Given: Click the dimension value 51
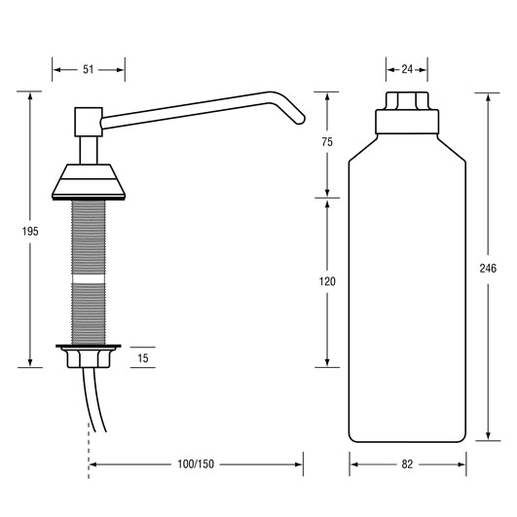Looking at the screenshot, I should [x=89, y=69].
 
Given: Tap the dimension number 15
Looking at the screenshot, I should [x=143, y=358].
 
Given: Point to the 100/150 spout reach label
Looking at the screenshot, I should [x=196, y=464].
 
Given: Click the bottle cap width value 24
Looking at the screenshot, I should [x=407, y=69].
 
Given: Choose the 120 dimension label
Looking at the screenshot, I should [x=327, y=281].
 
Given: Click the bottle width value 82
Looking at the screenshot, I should [x=407, y=464].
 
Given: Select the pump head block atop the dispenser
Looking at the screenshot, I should [x=89, y=121].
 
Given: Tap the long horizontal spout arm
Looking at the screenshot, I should [x=185, y=109].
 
